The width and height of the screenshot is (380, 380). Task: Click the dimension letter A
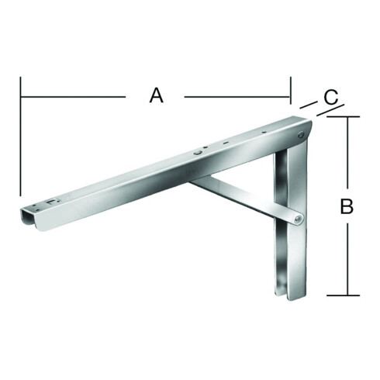tap(157, 95)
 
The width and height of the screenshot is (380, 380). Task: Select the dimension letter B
tap(347, 206)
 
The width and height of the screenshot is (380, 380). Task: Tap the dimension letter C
tap(331, 97)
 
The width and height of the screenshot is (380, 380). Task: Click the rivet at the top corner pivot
tap(300, 135)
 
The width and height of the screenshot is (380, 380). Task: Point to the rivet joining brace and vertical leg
tap(299, 219)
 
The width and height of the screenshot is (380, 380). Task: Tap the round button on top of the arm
tap(198, 153)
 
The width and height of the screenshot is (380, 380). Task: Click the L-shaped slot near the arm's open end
tap(53, 202)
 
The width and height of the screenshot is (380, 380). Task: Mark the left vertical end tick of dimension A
tap(20, 136)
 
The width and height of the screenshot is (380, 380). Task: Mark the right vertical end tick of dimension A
tap(291, 90)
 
